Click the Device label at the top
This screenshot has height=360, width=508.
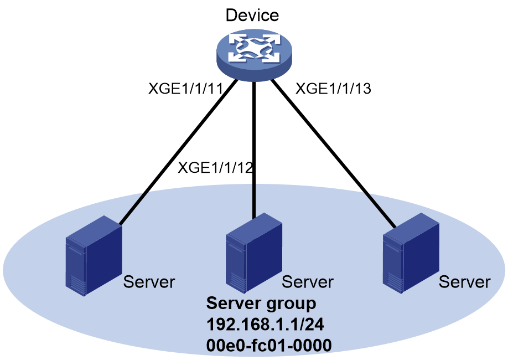(252, 16)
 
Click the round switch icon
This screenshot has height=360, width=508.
(254, 55)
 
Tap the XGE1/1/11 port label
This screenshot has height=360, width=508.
(185, 89)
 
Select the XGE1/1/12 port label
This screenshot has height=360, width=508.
(215, 168)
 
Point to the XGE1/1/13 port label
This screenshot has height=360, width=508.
(333, 89)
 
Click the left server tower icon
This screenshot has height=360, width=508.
(94, 256)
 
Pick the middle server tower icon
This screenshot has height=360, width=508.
(253, 253)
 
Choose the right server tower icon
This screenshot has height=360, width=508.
(411, 253)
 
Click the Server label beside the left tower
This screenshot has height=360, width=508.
(149, 282)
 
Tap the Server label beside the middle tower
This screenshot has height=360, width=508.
(308, 282)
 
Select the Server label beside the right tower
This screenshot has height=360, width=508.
(465, 282)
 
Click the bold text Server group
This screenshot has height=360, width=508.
(261, 304)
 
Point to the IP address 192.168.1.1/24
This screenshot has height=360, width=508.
(265, 325)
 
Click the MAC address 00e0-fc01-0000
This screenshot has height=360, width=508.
(269, 345)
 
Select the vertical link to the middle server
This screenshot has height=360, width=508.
(255, 151)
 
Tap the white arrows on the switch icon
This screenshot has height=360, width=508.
(254, 49)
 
